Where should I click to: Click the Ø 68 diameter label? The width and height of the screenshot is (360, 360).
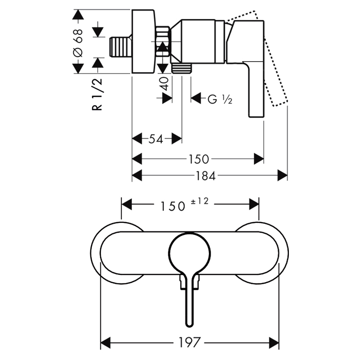pos(78,43)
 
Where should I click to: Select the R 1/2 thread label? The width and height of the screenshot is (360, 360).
pos(97,94)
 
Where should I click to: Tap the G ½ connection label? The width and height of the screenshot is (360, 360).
pos(220,99)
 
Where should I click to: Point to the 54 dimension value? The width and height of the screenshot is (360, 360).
pos(156,139)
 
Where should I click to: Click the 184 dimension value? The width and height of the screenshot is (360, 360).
pos(205,176)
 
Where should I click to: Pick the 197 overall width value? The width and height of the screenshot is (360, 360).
pos(189,342)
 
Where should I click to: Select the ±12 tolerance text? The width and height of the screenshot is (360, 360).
pos(199,201)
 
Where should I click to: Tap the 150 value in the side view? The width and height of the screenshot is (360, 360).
pos(198,159)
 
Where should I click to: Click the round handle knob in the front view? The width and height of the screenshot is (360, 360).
pos(189,252)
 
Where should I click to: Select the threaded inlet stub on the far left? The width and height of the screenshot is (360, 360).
pos(120,47)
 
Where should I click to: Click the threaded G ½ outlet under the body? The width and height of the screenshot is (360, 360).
pos(182,68)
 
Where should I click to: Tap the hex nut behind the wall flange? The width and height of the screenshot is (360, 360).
pos(162,41)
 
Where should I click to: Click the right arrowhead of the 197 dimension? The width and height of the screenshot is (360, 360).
pos(274,343)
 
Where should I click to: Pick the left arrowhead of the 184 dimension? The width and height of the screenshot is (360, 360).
pos(137,176)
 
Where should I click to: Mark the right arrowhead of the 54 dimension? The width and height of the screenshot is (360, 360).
pos(177,139)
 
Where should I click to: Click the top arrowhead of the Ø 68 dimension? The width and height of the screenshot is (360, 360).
pos(78,14)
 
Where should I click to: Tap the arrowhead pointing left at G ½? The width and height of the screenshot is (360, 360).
pos(196,98)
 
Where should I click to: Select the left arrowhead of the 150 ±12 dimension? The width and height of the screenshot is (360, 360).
pos(127,204)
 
